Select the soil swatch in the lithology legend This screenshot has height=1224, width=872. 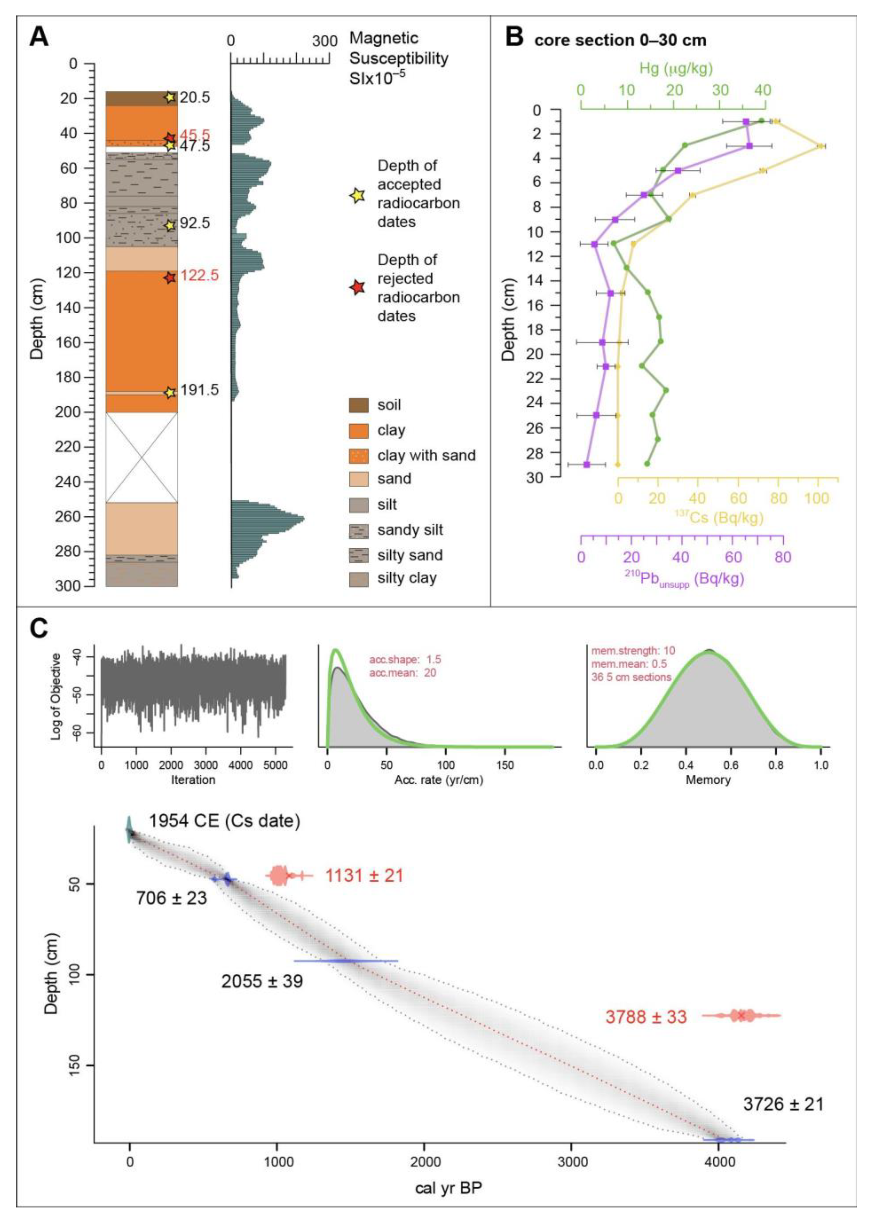pos(359,405)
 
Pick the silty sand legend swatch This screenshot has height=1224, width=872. pos(359,555)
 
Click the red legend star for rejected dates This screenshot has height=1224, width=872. pos(358,288)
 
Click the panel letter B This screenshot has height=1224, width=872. pos(514,38)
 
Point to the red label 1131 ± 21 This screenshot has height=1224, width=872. pos(364,876)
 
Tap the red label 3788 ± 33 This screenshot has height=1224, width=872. pos(646,1017)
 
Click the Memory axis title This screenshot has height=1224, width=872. pos(708,779)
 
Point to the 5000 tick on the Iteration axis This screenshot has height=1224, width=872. pos(275,765)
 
